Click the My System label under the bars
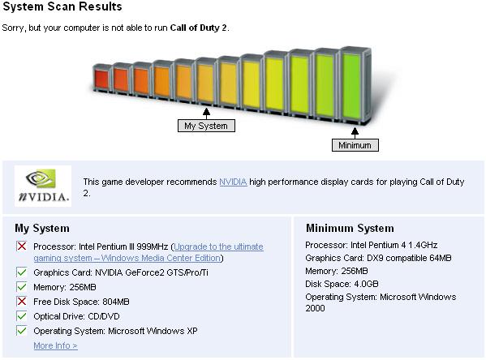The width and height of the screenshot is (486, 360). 206,126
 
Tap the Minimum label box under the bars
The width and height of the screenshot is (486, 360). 355,145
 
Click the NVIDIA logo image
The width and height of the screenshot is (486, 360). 43,186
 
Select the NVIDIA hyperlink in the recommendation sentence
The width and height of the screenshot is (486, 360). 233,182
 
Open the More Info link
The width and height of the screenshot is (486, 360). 55,345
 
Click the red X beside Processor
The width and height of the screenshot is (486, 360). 22,246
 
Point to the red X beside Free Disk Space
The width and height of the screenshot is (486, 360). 22,302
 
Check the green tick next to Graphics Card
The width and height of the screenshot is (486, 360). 22,272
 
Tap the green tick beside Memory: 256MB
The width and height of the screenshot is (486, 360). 22,287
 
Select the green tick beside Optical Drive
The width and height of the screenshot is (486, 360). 22,316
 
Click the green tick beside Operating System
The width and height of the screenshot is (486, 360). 22,331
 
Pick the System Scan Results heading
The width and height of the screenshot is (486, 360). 62,6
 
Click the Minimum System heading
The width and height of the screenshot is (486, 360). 350,228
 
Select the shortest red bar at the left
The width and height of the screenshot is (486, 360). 102,78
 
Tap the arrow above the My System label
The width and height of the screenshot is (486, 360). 206,114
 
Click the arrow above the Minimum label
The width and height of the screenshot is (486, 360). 355,133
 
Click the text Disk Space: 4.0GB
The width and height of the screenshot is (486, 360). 342,284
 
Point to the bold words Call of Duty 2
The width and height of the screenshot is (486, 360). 198,28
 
